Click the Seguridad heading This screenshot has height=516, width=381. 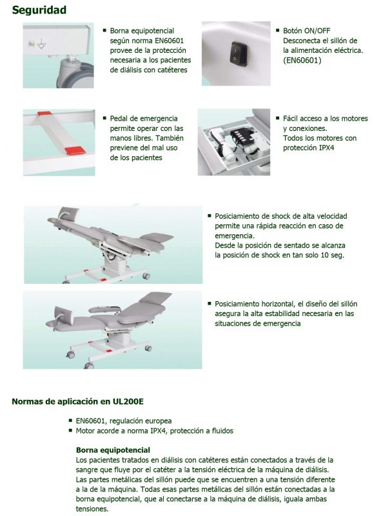(x=39, y=10)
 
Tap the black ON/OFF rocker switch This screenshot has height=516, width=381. (x=235, y=54)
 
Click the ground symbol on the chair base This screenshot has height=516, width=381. (x=41, y=45)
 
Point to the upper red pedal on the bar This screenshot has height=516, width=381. (x=44, y=114)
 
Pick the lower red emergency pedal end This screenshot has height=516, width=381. (x=75, y=151)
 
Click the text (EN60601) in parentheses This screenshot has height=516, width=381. (x=302, y=60)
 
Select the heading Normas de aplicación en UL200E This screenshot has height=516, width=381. (x=77, y=401)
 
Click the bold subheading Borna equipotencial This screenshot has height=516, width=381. (x=113, y=450)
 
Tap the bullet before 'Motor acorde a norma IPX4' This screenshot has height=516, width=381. (x=70, y=430)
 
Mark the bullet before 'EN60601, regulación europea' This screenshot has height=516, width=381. (x=70, y=421)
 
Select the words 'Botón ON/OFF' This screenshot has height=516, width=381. (x=306, y=30)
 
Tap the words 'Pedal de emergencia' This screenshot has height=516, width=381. (x=144, y=119)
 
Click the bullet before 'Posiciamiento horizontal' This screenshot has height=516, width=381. (x=210, y=303)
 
